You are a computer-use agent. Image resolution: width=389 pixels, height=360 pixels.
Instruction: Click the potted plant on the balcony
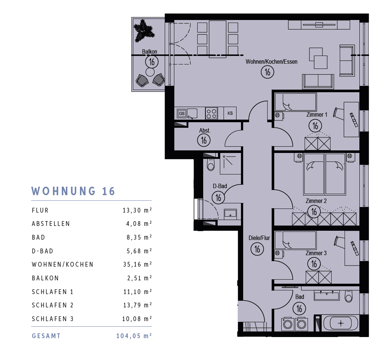[144, 30]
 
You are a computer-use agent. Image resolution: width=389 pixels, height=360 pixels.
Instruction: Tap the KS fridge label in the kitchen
[230, 113]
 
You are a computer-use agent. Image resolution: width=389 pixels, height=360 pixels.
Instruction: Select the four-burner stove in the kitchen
[211, 113]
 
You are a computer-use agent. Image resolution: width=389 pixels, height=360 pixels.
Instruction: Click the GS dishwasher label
[182, 113]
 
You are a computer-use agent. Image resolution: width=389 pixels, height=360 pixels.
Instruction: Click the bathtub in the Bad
[341, 323]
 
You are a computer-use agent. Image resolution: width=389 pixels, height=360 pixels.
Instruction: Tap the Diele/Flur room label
[259, 238]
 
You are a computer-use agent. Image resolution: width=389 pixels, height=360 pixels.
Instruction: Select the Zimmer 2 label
[316, 201]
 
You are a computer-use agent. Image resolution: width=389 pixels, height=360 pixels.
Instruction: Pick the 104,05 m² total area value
[134, 336]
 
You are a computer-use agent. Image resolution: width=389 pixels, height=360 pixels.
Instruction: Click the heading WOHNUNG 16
[73, 191]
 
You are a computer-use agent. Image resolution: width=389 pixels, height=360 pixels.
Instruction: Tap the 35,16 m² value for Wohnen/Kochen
[137, 264]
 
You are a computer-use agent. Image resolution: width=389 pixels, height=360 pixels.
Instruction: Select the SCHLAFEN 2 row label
[53, 305]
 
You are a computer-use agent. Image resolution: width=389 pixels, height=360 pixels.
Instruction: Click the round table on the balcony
[150, 72]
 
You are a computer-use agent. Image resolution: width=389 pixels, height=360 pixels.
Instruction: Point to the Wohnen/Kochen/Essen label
[271, 61]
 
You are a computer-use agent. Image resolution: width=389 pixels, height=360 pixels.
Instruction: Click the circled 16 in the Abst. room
[204, 140]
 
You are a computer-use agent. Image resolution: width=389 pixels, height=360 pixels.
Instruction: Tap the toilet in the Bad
[349, 296]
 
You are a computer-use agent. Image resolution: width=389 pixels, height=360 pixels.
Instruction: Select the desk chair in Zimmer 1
[338, 113]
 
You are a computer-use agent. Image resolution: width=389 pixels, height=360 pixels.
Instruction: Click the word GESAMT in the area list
[46, 336]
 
